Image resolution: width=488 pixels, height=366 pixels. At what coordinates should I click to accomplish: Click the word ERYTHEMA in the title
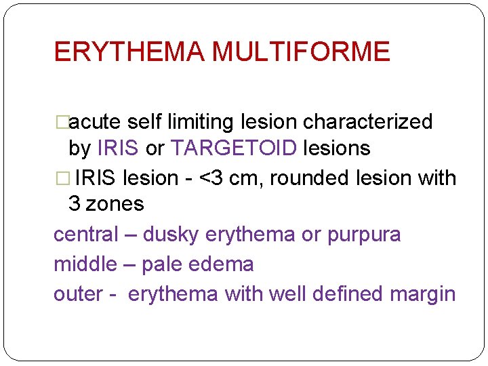pyautogui.click(x=129, y=52)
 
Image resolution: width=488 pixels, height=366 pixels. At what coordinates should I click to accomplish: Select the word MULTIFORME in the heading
pyautogui.click(x=301, y=52)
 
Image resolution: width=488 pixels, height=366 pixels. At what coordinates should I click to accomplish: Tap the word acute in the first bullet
pyautogui.click(x=96, y=122)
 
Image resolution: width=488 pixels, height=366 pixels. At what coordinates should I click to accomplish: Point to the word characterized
pyautogui.click(x=367, y=122)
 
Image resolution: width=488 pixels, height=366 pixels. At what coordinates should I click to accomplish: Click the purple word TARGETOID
pyautogui.click(x=235, y=148)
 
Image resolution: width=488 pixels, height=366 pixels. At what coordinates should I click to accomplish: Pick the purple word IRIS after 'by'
pyautogui.click(x=119, y=148)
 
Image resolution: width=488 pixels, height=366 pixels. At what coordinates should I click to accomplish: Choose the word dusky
pyautogui.click(x=171, y=235)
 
